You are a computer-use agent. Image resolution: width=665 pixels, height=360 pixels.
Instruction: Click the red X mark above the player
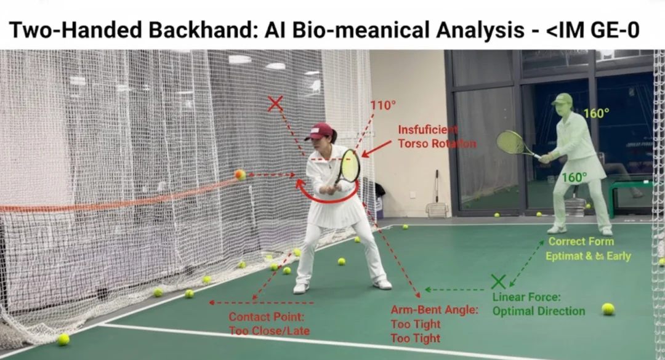pos(275,104)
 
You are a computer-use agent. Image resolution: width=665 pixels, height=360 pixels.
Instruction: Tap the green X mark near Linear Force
pos(498,281)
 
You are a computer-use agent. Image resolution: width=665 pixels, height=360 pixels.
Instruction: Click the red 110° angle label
pos(382,105)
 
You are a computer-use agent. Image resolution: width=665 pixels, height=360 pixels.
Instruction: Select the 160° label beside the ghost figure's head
pos(596,113)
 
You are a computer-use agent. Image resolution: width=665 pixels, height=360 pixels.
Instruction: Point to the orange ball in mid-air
pos(240,174)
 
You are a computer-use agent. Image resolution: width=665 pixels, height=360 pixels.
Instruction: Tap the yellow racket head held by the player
pos(350,166)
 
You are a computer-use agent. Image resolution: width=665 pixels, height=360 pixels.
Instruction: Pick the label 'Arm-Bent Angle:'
pos(434,310)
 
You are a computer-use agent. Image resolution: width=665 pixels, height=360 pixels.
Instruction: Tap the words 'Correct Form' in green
pos(581,242)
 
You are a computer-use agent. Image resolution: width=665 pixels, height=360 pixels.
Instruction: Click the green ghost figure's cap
pos(562,98)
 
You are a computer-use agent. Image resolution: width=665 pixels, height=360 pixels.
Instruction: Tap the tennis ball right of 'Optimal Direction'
pos(608,309)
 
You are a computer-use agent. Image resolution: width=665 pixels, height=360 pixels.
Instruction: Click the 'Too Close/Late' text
pos(269,331)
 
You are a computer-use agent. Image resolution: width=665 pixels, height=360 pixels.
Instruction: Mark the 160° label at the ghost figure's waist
pos(574,177)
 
